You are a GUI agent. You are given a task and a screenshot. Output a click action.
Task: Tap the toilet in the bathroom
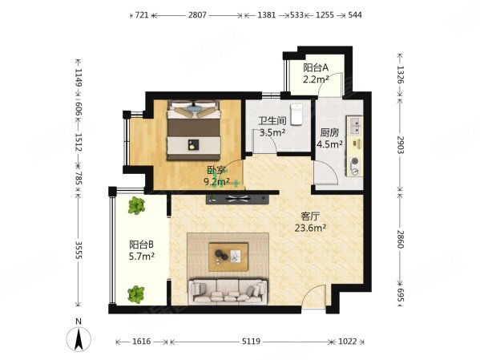pyautogui.click(x=296, y=115)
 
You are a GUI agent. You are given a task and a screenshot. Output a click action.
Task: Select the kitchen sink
pyautogui.click(x=354, y=126)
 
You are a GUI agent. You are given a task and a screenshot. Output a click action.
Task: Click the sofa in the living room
pyautogui.click(x=228, y=291)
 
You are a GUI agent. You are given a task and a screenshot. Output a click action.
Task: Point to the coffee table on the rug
pyautogui.click(x=228, y=257)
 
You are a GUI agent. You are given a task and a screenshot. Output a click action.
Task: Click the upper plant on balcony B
pyautogui.click(x=136, y=205)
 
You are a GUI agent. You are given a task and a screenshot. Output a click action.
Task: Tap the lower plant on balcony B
pyautogui.click(x=136, y=294)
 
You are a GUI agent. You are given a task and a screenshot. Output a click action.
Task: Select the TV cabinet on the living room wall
pyautogui.click(x=237, y=199)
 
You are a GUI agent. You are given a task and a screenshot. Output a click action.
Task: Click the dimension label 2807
pyautogui.click(x=197, y=14)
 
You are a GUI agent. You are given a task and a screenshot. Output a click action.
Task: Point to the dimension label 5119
pyautogui.click(x=251, y=342)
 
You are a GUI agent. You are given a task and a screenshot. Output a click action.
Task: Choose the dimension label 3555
pyautogui.click(x=79, y=250)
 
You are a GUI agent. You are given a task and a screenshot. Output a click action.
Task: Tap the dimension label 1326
pyautogui.click(x=401, y=75)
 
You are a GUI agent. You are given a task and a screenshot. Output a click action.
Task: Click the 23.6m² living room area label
pyautogui.click(x=310, y=228)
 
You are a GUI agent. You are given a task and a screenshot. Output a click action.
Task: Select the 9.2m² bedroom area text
pyautogui.click(x=216, y=182)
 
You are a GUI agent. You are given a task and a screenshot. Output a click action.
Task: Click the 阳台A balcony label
pyautogui.click(x=316, y=67)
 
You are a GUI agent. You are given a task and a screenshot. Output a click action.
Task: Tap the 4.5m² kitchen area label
pyautogui.click(x=329, y=144)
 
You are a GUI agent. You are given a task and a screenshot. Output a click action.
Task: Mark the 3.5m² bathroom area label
pyautogui.click(x=272, y=132)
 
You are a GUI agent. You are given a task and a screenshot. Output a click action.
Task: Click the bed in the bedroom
pyautogui.click(x=193, y=130)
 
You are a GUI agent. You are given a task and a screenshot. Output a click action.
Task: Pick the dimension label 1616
pyautogui.click(x=141, y=342)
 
